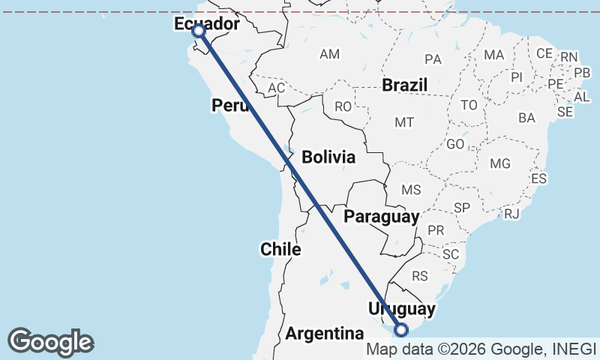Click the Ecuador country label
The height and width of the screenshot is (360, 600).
(207, 25)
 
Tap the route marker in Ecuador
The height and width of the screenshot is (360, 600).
(199, 31)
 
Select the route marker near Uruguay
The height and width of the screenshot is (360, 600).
(402, 329)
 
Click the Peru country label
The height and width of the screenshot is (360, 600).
(229, 106)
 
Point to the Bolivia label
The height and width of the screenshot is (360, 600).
(328, 157)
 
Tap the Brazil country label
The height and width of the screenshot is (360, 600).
(405, 85)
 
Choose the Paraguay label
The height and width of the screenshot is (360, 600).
(381, 217)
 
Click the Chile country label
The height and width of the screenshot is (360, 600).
(280, 249)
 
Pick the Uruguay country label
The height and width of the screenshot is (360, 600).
(401, 309)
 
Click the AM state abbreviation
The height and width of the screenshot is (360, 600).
(330, 55)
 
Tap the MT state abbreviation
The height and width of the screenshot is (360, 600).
(404, 122)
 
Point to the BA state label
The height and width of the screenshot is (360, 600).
(526, 118)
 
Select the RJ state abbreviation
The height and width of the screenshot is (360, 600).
(512, 214)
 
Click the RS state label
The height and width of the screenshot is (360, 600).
(420, 276)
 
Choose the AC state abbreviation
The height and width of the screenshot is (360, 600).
(277, 88)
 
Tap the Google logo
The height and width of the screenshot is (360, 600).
(51, 342)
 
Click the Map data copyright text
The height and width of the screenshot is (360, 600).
(481, 349)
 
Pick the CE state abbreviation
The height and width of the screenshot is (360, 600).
(544, 54)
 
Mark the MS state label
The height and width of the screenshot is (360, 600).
(412, 190)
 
